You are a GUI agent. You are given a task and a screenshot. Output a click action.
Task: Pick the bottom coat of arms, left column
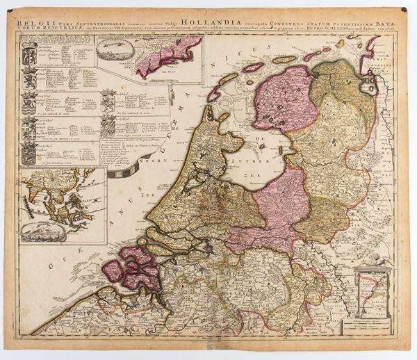click(30, 154)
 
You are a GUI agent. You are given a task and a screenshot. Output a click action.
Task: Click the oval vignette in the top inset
click(115, 49)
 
